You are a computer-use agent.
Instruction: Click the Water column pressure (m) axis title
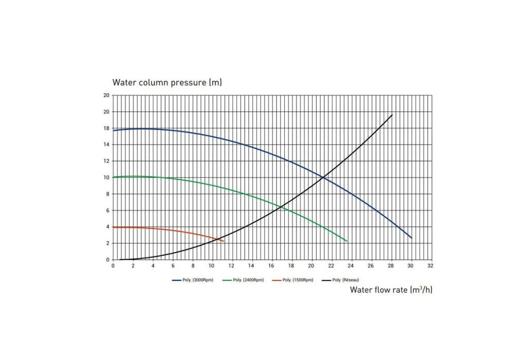167,82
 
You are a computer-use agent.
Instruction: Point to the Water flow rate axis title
391,290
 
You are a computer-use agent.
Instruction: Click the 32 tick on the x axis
431,266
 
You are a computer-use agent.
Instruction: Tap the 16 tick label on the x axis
271,266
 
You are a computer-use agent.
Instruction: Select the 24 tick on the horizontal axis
351,266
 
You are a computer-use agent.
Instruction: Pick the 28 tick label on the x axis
391,266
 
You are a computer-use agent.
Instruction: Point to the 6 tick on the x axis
173,266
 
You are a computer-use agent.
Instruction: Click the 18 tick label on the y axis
106,128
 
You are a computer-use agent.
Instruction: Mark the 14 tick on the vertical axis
106,145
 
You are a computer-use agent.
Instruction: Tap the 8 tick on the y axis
106,194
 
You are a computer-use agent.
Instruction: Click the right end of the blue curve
412,238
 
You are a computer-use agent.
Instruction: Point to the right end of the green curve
347,241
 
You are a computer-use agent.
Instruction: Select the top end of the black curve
392,115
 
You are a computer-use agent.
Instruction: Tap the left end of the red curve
114,227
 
